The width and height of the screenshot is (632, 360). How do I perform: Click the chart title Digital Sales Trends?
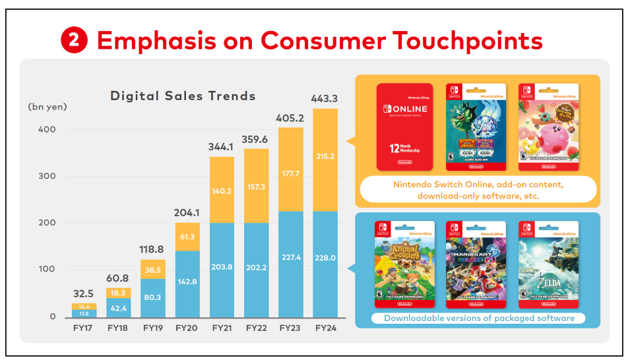pyautogui.click(x=183, y=96)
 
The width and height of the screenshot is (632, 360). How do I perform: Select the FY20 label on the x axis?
pyautogui.click(x=187, y=327)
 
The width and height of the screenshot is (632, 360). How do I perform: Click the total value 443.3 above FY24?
pyautogui.click(x=325, y=99)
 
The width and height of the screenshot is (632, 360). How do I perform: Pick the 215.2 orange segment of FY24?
pyautogui.click(x=325, y=157)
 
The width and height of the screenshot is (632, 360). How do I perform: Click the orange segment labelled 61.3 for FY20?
pyautogui.click(x=187, y=237)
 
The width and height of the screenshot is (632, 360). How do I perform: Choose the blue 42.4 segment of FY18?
pyautogui.click(x=119, y=308)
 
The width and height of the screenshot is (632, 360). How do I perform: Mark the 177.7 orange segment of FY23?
pyautogui.click(x=290, y=173)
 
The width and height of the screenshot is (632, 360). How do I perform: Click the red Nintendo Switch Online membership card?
pyautogui.click(x=404, y=127)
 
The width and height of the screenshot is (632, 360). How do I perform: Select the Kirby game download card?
pyautogui.click(x=548, y=127)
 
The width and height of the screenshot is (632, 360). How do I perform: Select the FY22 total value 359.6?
pyautogui.click(x=256, y=140)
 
